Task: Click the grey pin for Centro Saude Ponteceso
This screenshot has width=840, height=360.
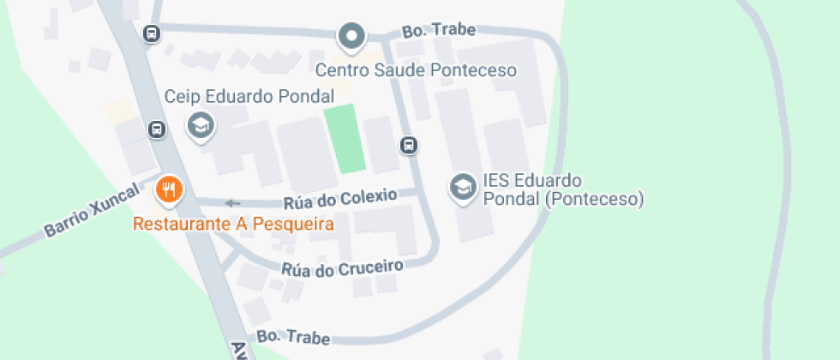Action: point(351,37)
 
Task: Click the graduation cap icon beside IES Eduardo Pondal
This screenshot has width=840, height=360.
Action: point(463,187)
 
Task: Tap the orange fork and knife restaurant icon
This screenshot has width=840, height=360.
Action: point(169,189)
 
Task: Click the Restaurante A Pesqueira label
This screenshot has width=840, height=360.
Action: point(232,225)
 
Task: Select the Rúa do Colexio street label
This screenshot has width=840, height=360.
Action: point(340,199)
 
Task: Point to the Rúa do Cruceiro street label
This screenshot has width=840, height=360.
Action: point(342,267)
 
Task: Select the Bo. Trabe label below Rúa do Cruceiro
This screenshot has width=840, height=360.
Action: point(293,337)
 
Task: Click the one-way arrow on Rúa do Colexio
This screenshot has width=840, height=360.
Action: point(232,203)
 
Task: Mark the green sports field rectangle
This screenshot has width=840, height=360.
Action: point(345,139)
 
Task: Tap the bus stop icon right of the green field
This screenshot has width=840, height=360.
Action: point(410,146)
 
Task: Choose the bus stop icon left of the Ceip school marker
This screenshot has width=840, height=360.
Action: point(157,129)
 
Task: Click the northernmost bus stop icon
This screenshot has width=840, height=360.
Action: point(151,34)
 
